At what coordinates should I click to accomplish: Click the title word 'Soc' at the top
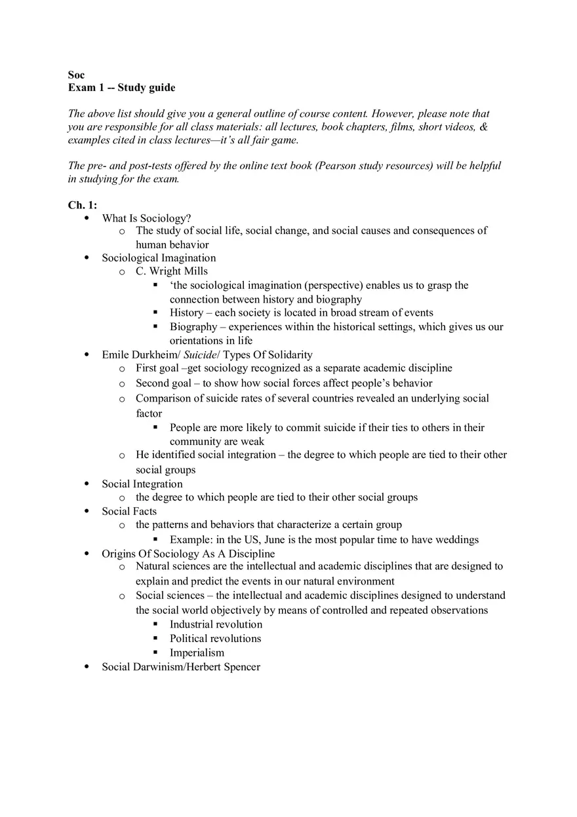pyautogui.click(x=76, y=75)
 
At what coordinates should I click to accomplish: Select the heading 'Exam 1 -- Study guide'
pyautogui.click(x=121, y=88)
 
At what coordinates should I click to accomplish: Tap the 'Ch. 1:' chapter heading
pyautogui.click(x=83, y=205)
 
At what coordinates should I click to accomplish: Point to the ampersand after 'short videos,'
pyautogui.click(x=484, y=126)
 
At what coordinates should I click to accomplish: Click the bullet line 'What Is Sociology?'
pyautogui.click(x=146, y=218)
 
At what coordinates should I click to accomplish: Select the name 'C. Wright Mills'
pyautogui.click(x=172, y=271)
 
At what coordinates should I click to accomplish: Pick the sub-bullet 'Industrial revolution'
pyautogui.click(x=216, y=624)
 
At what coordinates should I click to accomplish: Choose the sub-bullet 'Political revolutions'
pyautogui.click(x=215, y=639)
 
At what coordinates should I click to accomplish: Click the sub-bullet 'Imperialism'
pyautogui.click(x=197, y=653)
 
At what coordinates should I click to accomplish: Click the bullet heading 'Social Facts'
pyautogui.click(x=129, y=511)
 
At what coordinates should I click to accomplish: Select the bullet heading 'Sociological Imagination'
pyautogui.click(x=159, y=258)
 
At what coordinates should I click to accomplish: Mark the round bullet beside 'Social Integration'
pyautogui.click(x=87, y=484)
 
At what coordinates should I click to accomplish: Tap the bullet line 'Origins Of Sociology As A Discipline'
pyautogui.click(x=188, y=554)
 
